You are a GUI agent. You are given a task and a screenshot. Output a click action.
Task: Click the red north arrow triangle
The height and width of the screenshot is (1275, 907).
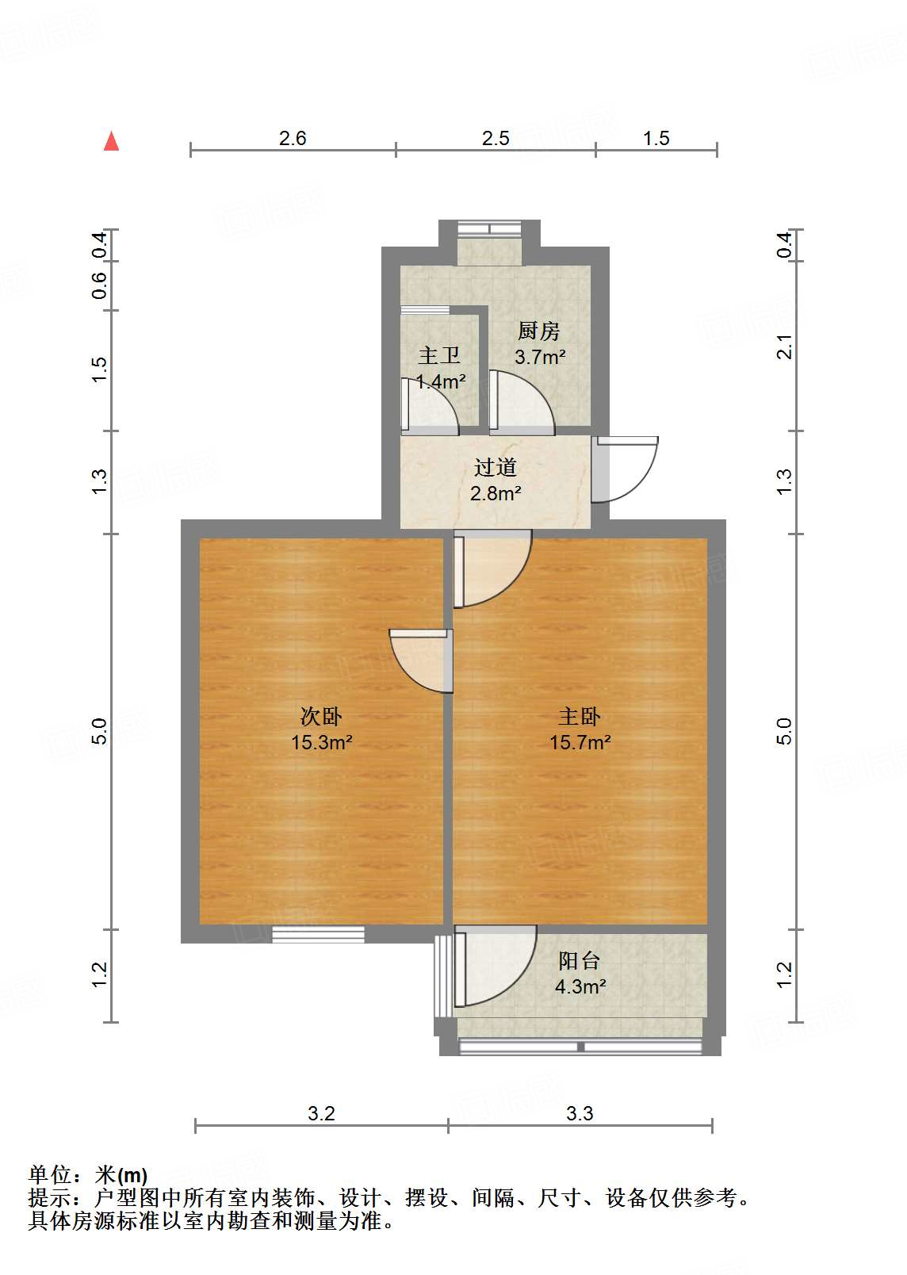point(112,141)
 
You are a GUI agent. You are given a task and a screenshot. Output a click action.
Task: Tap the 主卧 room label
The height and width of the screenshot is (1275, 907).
point(580,717)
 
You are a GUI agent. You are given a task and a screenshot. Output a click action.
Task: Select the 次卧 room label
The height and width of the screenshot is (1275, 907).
point(321,717)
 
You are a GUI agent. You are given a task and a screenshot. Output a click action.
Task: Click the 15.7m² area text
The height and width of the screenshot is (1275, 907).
point(580,743)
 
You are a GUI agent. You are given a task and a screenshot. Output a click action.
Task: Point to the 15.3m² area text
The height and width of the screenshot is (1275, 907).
point(321,743)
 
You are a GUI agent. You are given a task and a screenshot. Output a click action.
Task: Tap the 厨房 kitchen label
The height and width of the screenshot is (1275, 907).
point(539,331)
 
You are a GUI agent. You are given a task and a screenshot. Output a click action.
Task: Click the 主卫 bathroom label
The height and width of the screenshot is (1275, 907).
point(439,356)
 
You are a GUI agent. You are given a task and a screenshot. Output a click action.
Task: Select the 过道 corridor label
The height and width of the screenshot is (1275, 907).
point(496,468)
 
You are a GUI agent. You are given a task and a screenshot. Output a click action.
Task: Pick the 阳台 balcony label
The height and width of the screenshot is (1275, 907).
point(580,961)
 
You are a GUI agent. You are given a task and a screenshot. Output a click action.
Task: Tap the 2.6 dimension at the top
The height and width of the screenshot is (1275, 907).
point(293,139)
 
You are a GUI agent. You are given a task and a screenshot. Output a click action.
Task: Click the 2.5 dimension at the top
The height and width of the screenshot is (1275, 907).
point(496,139)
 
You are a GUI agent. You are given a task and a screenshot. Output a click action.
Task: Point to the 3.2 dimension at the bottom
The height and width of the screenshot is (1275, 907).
point(321,1114)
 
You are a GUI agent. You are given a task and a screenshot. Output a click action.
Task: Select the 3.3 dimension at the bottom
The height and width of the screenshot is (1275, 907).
point(580,1114)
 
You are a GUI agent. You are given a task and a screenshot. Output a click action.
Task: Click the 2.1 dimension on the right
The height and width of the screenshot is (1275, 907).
point(784,347)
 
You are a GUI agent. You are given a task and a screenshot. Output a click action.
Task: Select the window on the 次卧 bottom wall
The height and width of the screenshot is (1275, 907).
point(318,935)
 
